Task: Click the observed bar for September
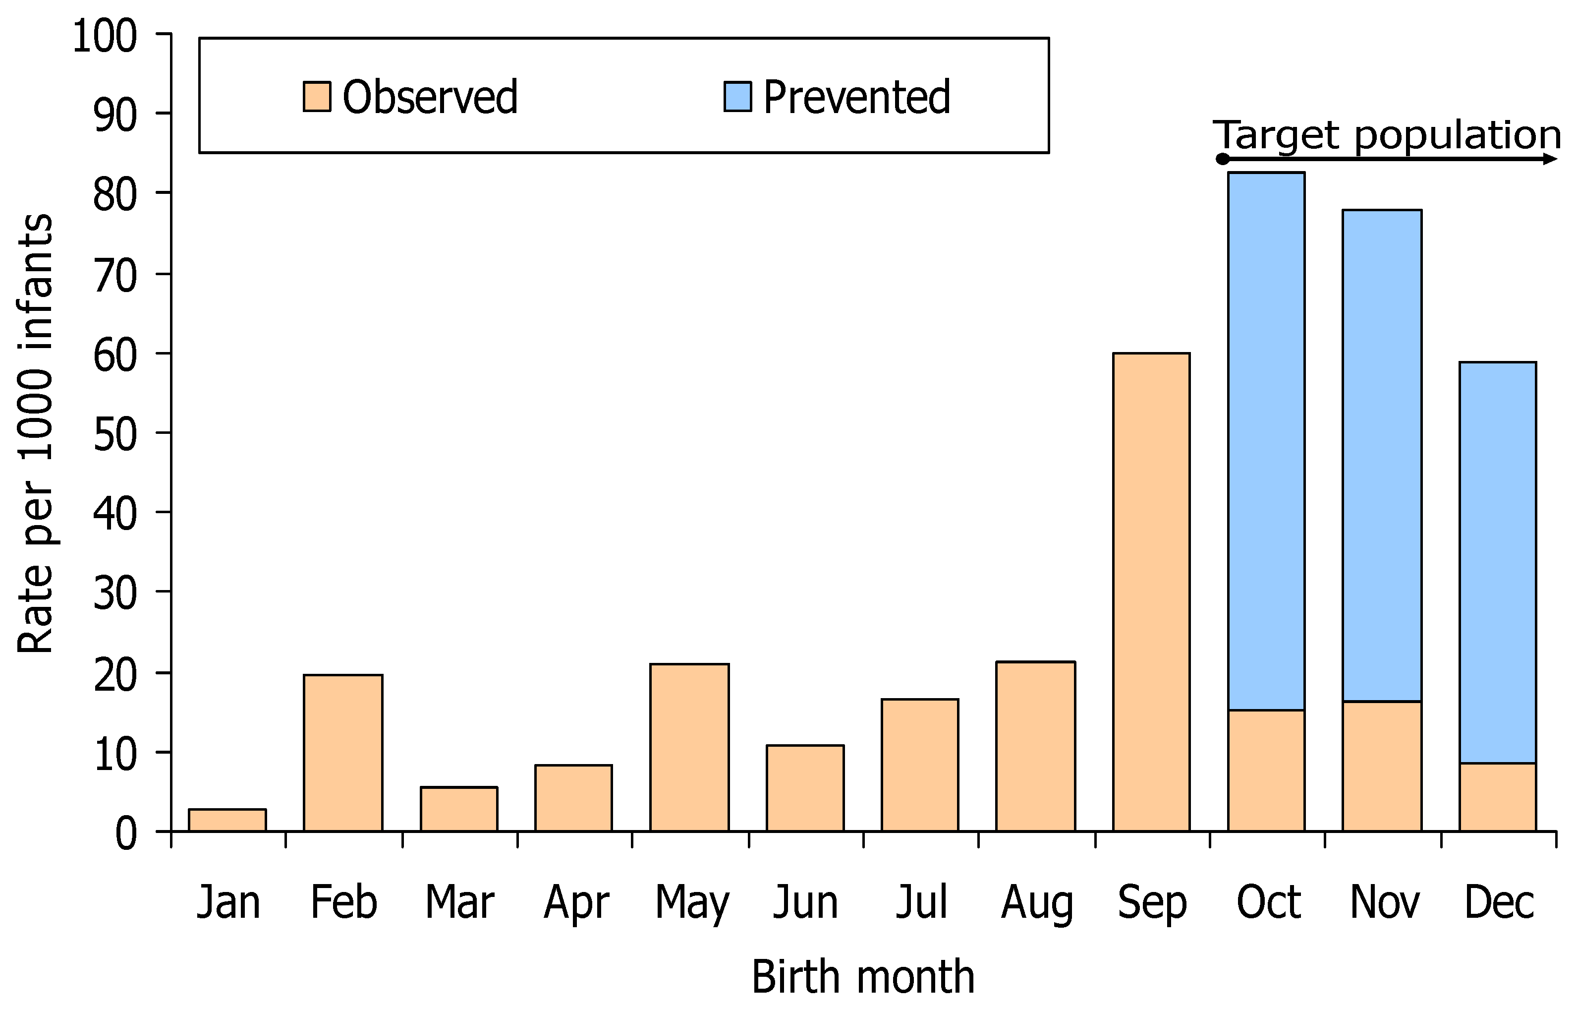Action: pyautogui.click(x=1151, y=592)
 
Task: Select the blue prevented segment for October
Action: pyautogui.click(x=1266, y=441)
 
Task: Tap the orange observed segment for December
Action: pyautogui.click(x=1497, y=797)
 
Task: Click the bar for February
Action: pyautogui.click(x=343, y=753)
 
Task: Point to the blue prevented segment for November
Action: pyautogui.click(x=1382, y=456)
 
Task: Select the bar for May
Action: pyautogui.click(x=689, y=748)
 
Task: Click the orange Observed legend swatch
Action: pyautogui.click(x=317, y=96)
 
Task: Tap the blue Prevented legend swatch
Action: pyautogui.click(x=737, y=96)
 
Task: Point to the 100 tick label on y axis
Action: pyautogui.click(x=105, y=36)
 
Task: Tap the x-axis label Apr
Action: pyautogui.click(x=576, y=903)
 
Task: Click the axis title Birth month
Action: pyautogui.click(x=863, y=977)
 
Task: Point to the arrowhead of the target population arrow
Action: pyautogui.click(x=1551, y=159)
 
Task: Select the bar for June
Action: pyautogui.click(x=805, y=788)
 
